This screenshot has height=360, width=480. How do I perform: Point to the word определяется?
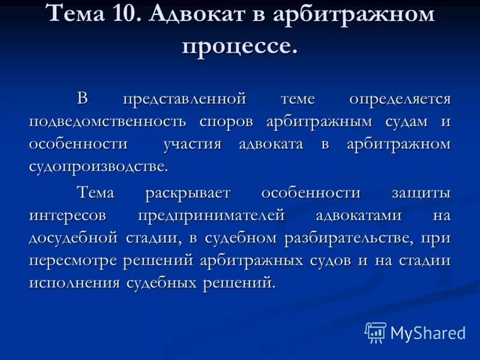[x=400, y=98]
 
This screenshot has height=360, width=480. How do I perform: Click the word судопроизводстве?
[x=98, y=166]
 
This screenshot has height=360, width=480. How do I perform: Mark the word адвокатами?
[x=350, y=215]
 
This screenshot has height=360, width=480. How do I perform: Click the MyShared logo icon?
[x=376, y=332]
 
